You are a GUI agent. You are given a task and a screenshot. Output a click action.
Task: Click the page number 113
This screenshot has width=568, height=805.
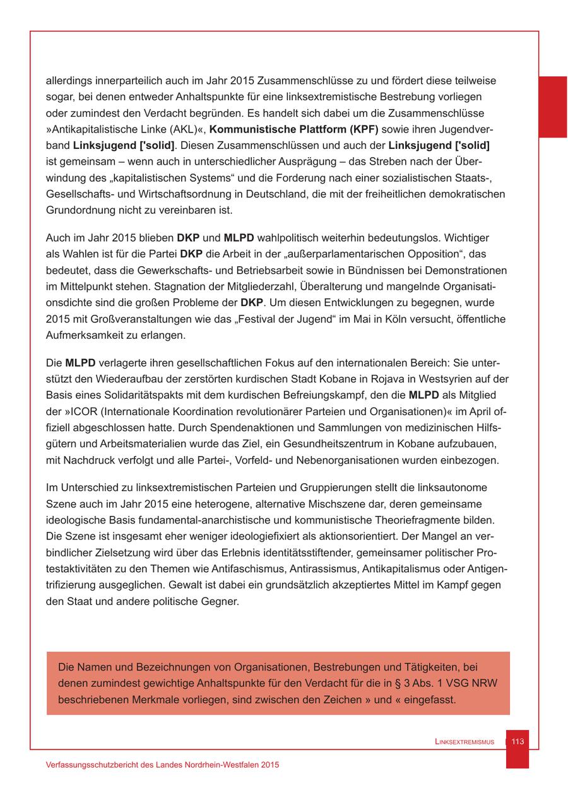518,741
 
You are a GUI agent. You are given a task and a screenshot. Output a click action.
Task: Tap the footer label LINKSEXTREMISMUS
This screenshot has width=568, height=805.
464,742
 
